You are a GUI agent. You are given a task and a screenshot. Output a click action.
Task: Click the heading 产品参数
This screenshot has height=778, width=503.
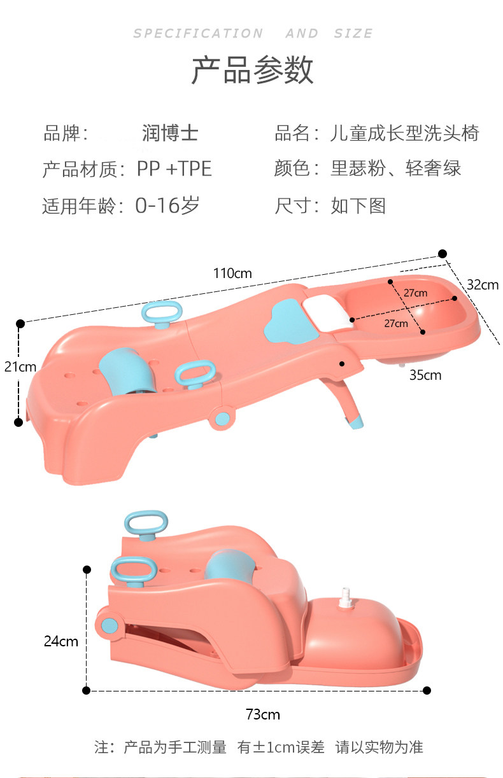point(252,71)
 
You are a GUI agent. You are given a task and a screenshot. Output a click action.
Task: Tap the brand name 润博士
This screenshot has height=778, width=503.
point(170,133)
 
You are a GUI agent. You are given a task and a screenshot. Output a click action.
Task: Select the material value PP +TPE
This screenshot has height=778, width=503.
point(174,169)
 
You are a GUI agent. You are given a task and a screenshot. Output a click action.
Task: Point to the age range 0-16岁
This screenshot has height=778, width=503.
point(167,205)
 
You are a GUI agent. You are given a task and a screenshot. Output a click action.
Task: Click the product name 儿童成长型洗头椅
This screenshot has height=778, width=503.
point(404,133)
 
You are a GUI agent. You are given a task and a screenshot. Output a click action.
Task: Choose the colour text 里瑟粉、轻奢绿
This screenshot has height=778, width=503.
point(395,169)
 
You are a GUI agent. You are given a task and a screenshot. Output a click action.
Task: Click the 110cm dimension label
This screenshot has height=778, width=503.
point(232,274)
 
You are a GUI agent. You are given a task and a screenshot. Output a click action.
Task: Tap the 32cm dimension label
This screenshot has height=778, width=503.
point(482,284)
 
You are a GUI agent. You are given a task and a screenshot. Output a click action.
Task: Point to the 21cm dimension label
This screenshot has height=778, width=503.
point(20,366)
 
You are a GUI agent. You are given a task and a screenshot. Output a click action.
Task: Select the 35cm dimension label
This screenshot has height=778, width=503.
point(425,375)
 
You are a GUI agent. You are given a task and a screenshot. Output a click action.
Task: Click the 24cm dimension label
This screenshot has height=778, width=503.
point(60,641)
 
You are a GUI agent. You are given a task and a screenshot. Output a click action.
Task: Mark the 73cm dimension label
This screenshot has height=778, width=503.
point(263,714)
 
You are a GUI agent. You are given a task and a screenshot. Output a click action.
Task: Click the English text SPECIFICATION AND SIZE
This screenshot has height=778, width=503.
point(253,34)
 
